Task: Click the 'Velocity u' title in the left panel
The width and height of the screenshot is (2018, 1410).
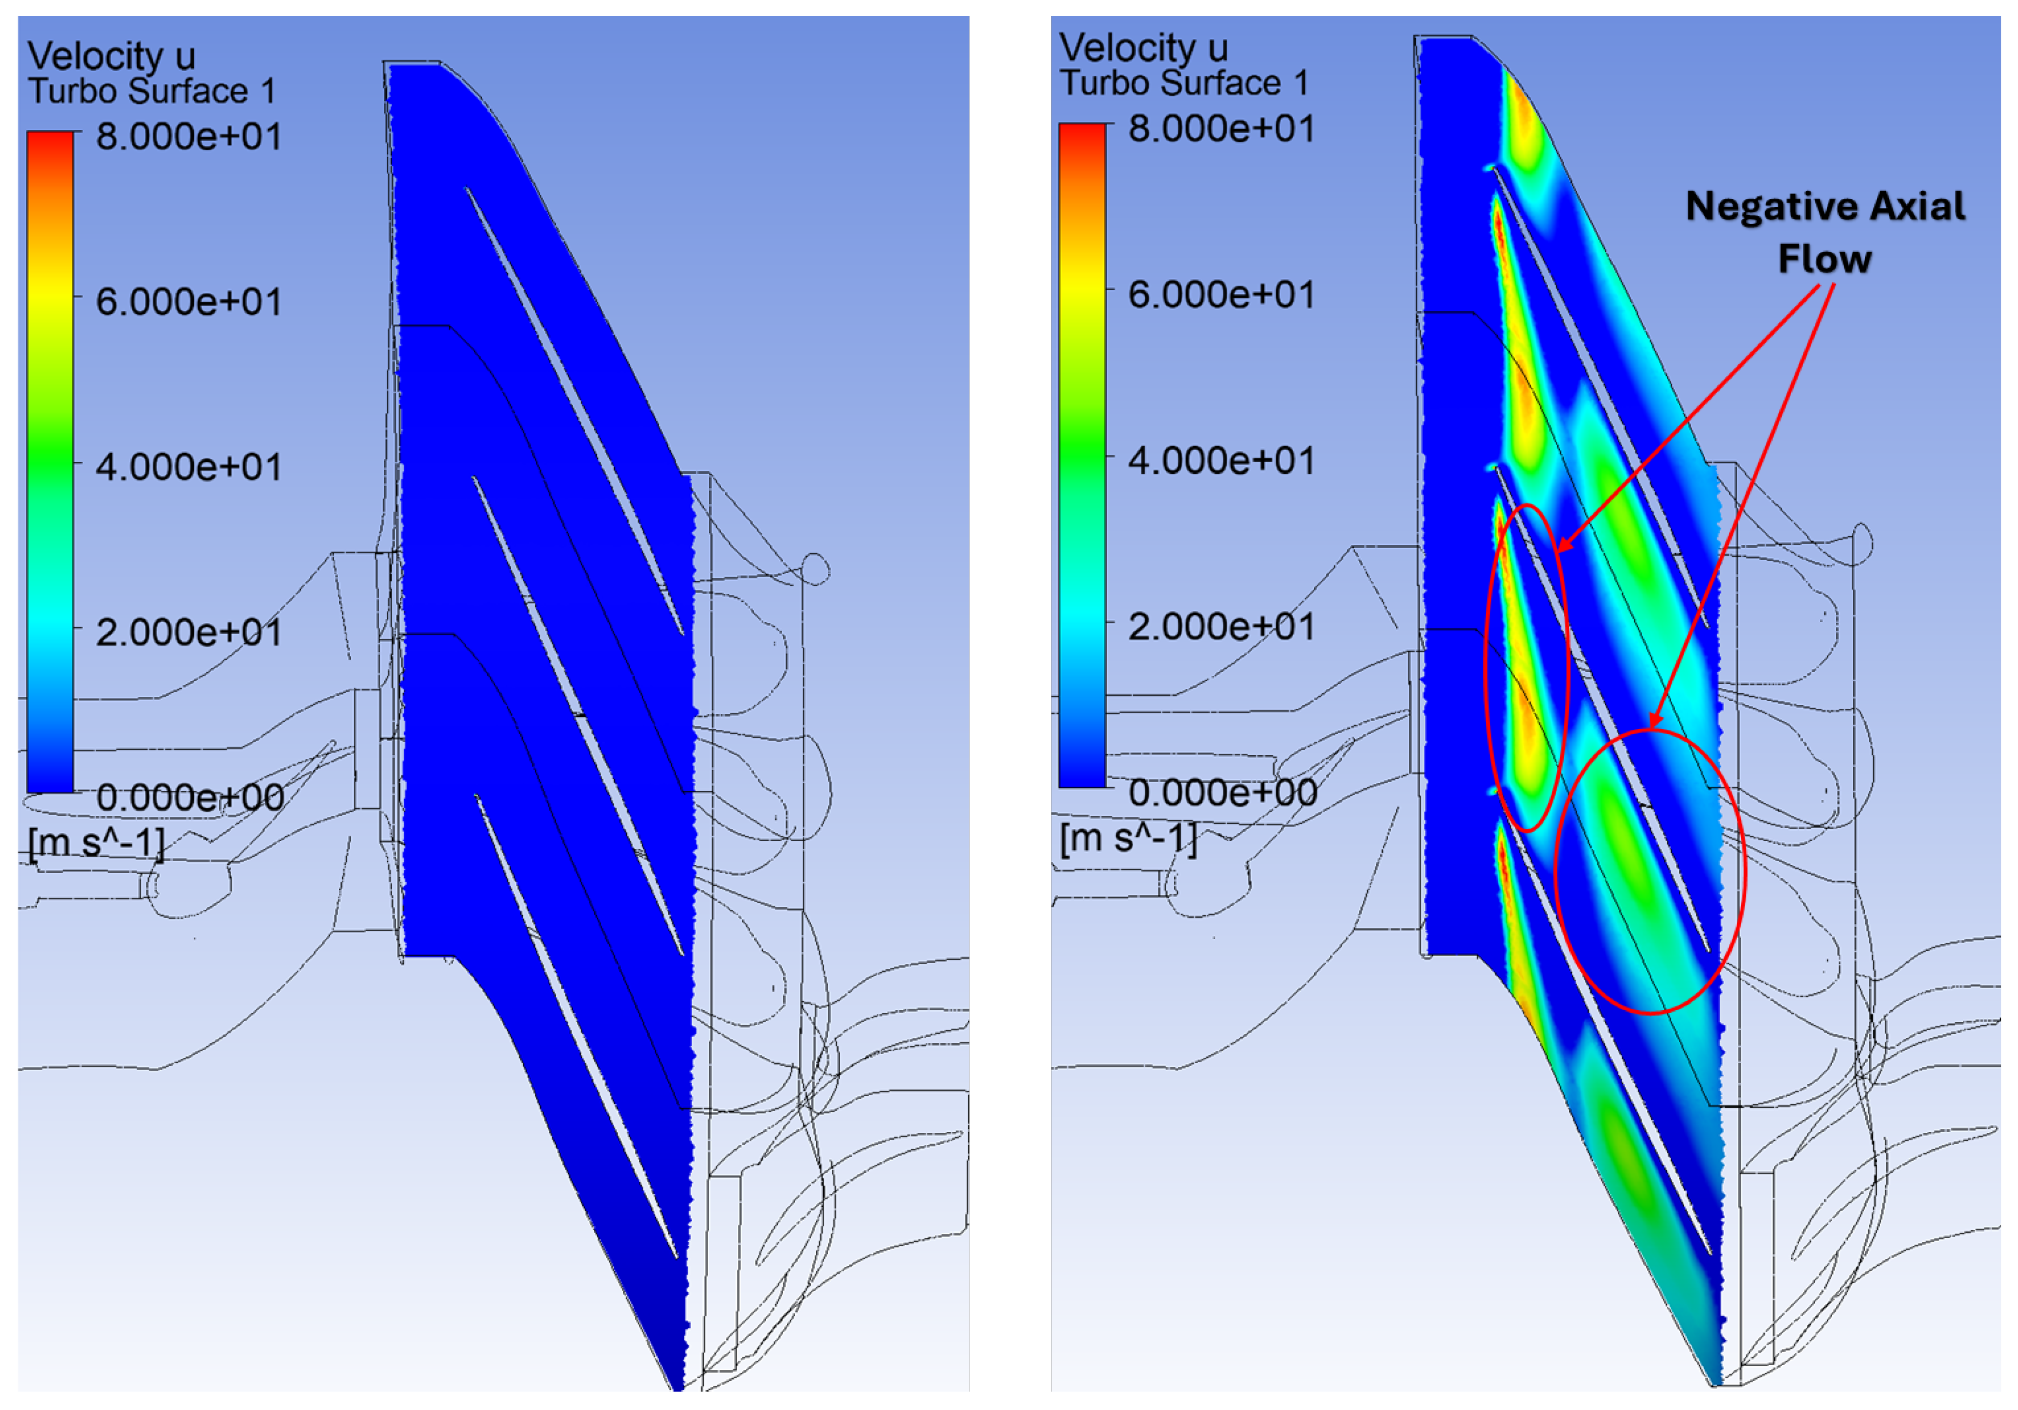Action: (x=112, y=56)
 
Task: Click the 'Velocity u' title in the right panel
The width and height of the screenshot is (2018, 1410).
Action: (x=1143, y=48)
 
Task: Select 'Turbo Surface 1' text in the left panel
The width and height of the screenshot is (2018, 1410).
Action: (x=152, y=91)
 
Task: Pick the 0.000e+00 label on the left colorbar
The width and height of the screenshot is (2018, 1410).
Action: (x=190, y=797)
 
